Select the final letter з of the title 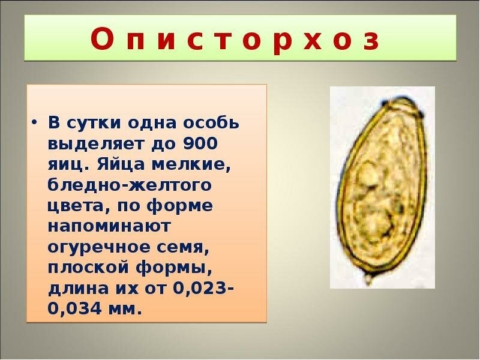pos(371,40)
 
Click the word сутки pos(91,124)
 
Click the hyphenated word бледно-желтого pos(129,185)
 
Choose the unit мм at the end pos(127,309)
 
